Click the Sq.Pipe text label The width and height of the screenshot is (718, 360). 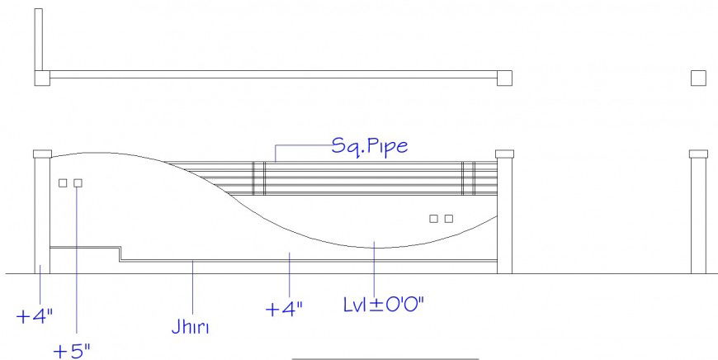pyautogui.click(x=370, y=147)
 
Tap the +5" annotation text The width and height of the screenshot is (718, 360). pyautogui.click(x=72, y=350)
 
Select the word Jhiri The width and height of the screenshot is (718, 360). pyautogui.click(x=191, y=329)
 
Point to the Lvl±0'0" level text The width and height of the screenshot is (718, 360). pyautogui.click(x=383, y=304)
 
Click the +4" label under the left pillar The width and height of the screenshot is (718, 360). pyautogui.click(x=35, y=315)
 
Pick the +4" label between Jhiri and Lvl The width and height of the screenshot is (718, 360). pyautogui.click(x=284, y=309)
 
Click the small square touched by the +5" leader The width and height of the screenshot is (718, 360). pyautogui.click(x=78, y=182)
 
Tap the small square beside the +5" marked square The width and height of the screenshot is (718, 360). pyautogui.click(x=63, y=182)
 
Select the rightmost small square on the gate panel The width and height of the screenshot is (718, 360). pyautogui.click(x=449, y=219)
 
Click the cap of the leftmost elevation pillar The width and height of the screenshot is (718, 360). pyautogui.click(x=42, y=154)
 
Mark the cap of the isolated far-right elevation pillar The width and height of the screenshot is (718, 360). pyautogui.click(x=698, y=154)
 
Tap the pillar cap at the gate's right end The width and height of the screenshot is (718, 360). pyautogui.click(x=504, y=154)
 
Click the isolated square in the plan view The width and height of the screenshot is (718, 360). pyautogui.click(x=698, y=78)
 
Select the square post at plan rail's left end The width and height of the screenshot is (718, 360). pyautogui.click(x=42, y=78)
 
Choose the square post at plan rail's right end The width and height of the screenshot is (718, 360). pyautogui.click(x=504, y=78)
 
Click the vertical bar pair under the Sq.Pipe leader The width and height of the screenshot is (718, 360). pyautogui.click(x=258, y=178)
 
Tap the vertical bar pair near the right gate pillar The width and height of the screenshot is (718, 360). pyautogui.click(x=468, y=178)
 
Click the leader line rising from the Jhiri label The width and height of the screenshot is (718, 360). pyautogui.click(x=192, y=289)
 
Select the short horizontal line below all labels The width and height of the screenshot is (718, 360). pyautogui.click(x=385, y=359)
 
